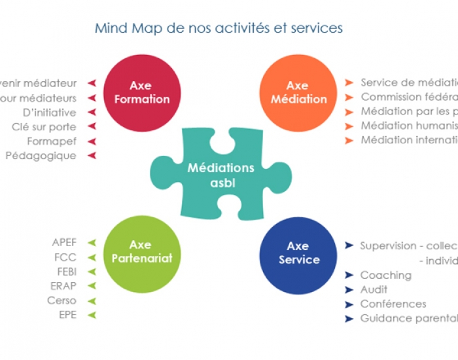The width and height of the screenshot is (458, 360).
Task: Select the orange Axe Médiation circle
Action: pos(298,92)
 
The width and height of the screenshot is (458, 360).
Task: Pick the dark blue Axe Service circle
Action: pos(298,253)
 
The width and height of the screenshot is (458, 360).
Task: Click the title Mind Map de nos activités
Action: pos(219,28)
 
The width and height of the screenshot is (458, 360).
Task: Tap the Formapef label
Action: pos(52,141)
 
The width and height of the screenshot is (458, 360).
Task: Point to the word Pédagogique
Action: pos(41,156)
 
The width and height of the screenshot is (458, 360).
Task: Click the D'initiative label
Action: pos(49,113)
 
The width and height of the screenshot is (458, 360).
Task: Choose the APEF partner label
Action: pos(64,242)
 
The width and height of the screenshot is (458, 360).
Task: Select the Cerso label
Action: pos(62,300)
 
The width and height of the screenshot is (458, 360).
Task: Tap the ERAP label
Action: pos(63,286)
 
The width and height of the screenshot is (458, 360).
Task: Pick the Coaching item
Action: pos(385,275)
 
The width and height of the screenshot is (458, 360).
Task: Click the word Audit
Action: pos(374,289)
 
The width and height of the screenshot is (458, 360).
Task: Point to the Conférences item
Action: pos(393,304)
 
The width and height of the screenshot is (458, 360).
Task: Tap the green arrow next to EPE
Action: pos(92,315)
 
